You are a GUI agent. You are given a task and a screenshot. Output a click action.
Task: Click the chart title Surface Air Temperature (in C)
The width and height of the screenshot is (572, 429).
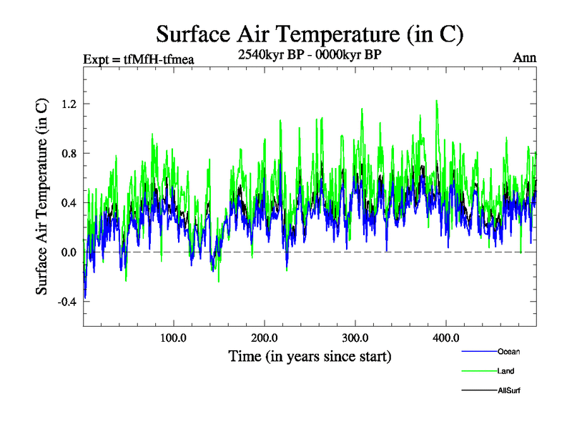pyautogui.click(x=310, y=34)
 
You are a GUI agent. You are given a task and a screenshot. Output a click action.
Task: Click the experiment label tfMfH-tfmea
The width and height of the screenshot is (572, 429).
pyautogui.click(x=139, y=59)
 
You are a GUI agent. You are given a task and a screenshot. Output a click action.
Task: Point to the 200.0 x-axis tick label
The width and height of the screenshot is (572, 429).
pyautogui.click(x=265, y=338)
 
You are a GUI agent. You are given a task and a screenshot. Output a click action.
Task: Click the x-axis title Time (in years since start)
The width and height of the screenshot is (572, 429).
pyautogui.click(x=310, y=355)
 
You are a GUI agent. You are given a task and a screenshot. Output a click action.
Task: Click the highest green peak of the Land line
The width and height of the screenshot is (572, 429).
pyautogui.click(x=436, y=101)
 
